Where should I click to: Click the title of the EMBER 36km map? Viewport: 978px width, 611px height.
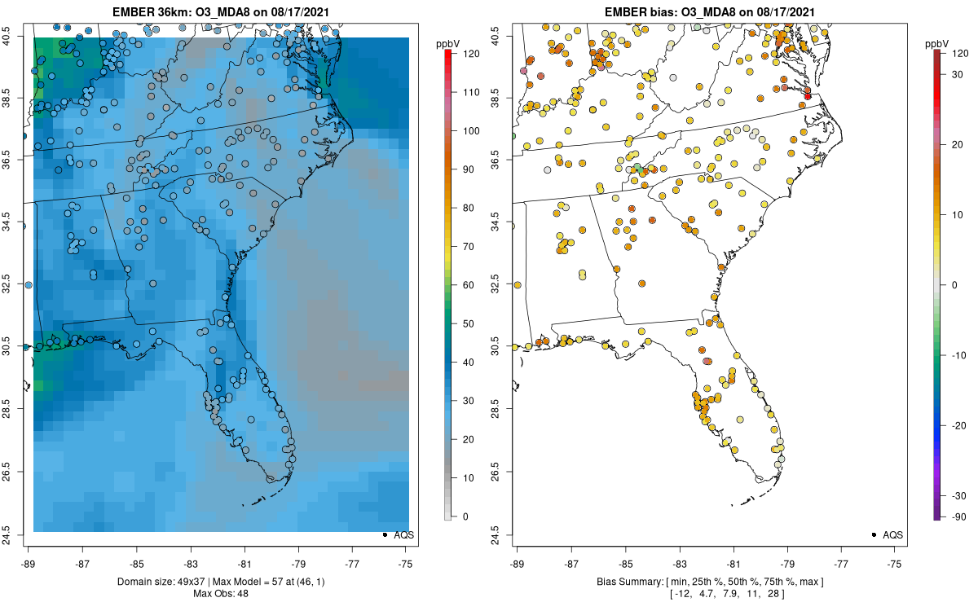tap(220, 11)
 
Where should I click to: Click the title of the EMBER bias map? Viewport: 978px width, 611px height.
tap(709, 11)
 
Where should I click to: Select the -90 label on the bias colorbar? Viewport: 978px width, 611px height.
tap(959, 516)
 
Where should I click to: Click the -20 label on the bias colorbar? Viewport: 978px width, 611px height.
tap(959, 425)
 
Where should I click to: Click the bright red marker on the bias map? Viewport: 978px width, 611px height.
tap(808, 96)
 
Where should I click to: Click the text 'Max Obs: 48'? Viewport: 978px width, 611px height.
tap(220, 593)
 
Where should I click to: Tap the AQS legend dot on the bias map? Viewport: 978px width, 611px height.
tap(874, 534)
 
